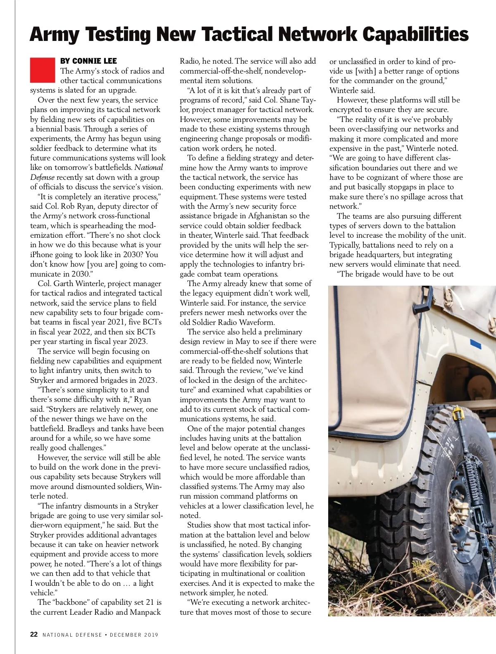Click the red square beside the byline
[x=42, y=70]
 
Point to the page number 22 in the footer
[x=34, y=635]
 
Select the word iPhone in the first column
[x=43, y=255]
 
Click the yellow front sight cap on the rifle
[x=456, y=413]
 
